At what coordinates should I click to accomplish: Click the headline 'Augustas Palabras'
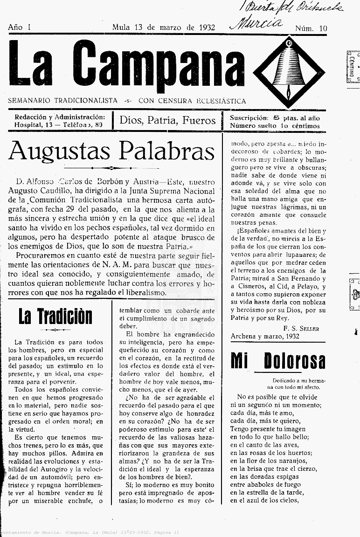pos(111,151)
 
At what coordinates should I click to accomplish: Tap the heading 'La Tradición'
pos(55,317)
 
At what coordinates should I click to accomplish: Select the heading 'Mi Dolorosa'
pos(278,361)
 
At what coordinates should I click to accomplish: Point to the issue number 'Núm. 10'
pos(311,28)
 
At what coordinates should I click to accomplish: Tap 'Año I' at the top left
pos(19,28)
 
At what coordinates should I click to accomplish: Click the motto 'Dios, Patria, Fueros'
pos(167,120)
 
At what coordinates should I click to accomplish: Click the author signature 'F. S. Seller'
pos(301,328)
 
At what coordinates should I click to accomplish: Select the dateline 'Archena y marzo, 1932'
pos(265,336)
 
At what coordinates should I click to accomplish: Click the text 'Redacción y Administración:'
pos(60,117)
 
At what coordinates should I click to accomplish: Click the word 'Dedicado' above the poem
pos(285,380)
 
